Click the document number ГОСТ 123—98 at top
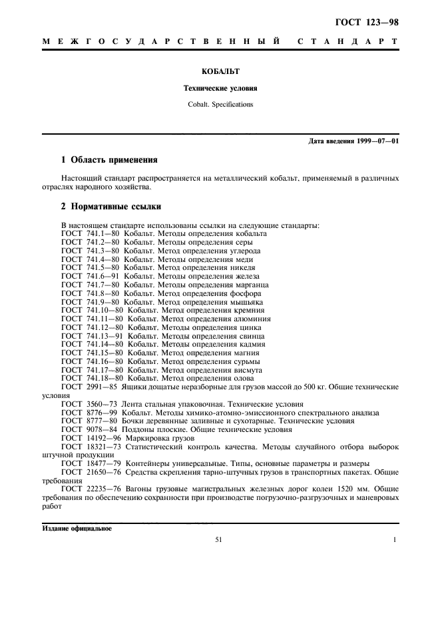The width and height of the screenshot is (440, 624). click(x=370, y=22)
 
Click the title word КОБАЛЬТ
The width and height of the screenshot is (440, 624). click(x=220, y=71)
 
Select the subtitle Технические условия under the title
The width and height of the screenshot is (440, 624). click(x=220, y=88)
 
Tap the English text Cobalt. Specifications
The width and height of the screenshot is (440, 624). click(x=220, y=104)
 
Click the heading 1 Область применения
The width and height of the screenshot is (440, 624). click(x=109, y=160)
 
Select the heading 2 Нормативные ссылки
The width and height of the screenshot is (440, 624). click(x=110, y=207)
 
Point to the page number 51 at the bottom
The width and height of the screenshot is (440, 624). click(x=218, y=541)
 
